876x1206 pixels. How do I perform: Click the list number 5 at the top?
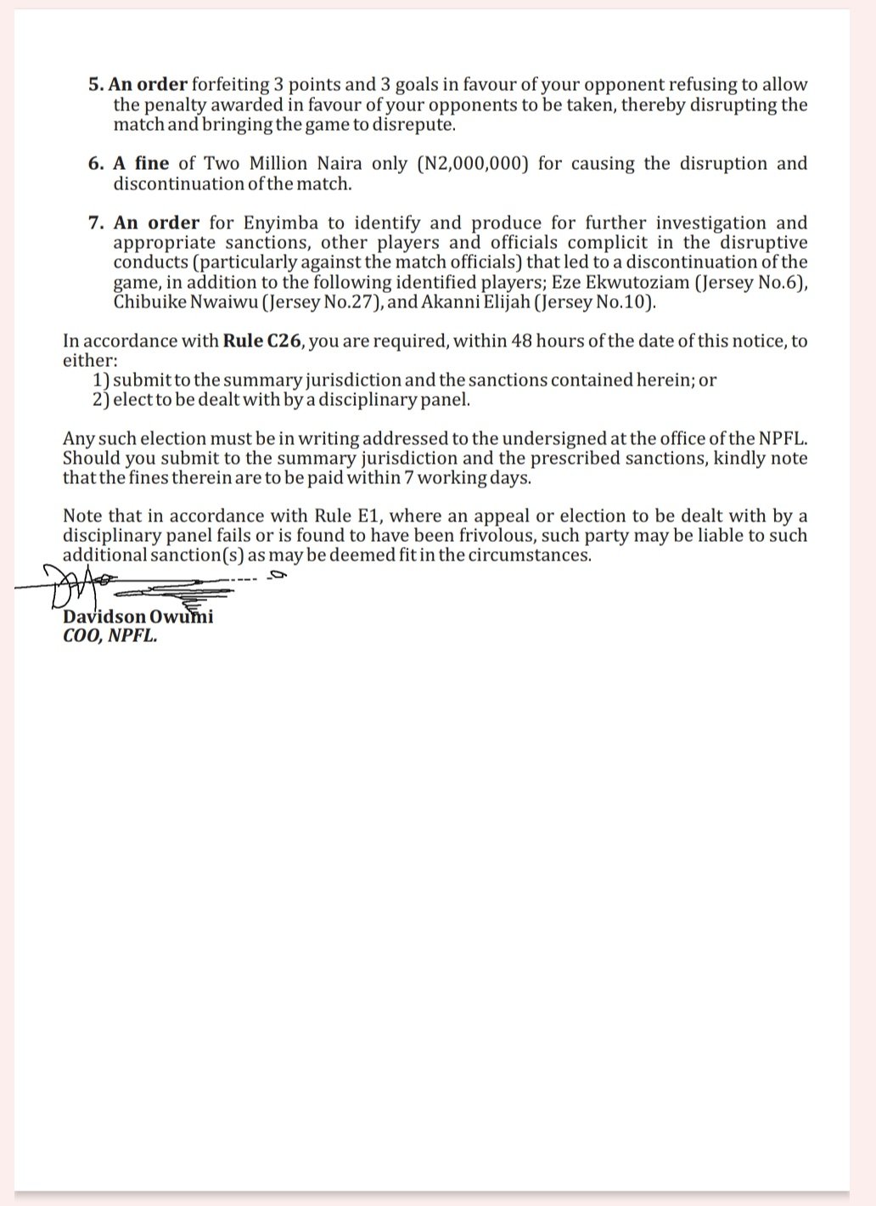click(93, 85)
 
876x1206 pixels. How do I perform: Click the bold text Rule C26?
click(263, 341)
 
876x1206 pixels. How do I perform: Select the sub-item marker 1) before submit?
click(101, 380)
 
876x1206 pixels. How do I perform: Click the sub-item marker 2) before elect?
click(101, 400)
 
